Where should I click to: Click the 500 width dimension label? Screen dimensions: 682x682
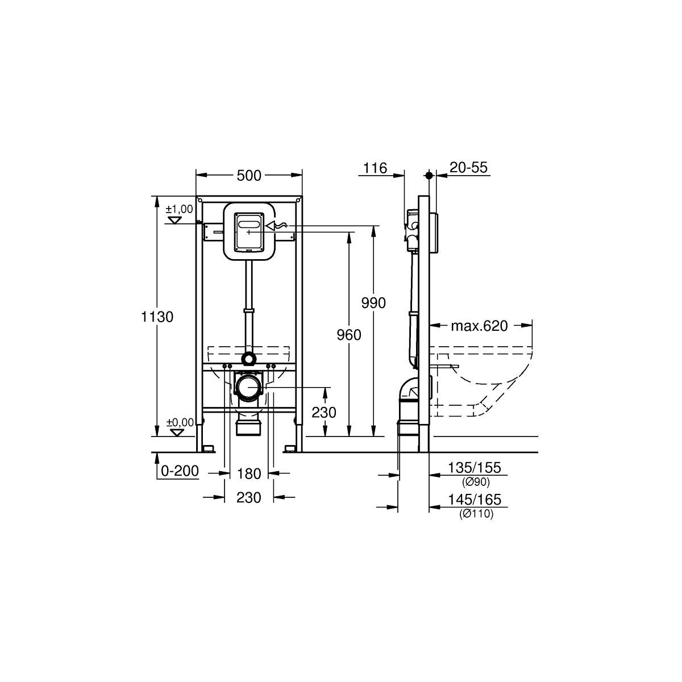pyautogui.click(x=249, y=176)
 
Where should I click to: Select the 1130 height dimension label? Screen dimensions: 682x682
pyautogui.click(x=157, y=317)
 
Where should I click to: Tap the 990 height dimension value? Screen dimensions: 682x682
pyautogui.click(x=373, y=303)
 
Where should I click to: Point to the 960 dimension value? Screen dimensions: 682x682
pyautogui.click(x=349, y=335)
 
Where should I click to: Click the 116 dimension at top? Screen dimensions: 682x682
pyautogui.click(x=375, y=168)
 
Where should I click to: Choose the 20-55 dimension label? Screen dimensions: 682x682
pyautogui.click(x=468, y=168)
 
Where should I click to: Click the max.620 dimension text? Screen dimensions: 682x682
pyautogui.click(x=479, y=326)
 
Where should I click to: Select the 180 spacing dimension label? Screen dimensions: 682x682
pyautogui.click(x=249, y=473)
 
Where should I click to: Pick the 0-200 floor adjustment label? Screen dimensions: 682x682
pyautogui.click(x=180, y=471)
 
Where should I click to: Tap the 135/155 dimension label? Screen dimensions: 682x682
pyautogui.click(x=475, y=468)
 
